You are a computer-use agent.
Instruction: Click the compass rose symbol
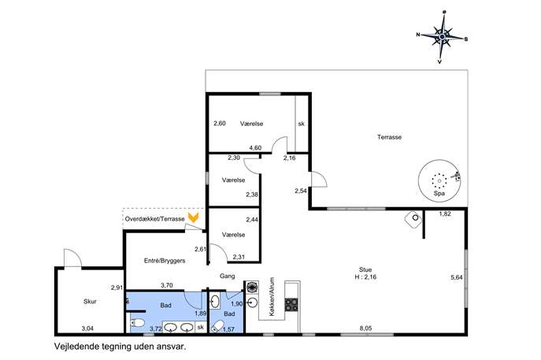tap(442, 37)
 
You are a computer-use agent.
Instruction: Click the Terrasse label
tap(389, 137)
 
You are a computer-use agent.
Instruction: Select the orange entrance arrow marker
tap(193, 217)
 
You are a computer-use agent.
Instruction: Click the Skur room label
tap(90, 302)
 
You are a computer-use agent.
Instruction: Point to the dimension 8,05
tap(365, 328)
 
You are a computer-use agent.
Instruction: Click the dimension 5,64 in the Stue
tap(457, 277)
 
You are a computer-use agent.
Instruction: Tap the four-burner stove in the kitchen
tap(291, 304)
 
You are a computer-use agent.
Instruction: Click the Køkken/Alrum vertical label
tap(272, 296)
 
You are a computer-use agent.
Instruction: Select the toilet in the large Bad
tap(138, 324)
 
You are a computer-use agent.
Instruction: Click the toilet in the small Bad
tap(217, 326)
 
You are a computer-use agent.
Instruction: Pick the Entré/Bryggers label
tap(165, 261)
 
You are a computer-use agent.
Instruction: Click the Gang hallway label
tap(228, 276)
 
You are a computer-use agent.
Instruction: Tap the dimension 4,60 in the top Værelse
tap(255, 148)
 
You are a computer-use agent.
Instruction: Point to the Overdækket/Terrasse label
tap(154, 219)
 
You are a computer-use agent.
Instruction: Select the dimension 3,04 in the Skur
tap(87, 328)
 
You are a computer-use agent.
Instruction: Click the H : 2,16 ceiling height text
tap(365, 276)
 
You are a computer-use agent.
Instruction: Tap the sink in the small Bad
tap(215, 302)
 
